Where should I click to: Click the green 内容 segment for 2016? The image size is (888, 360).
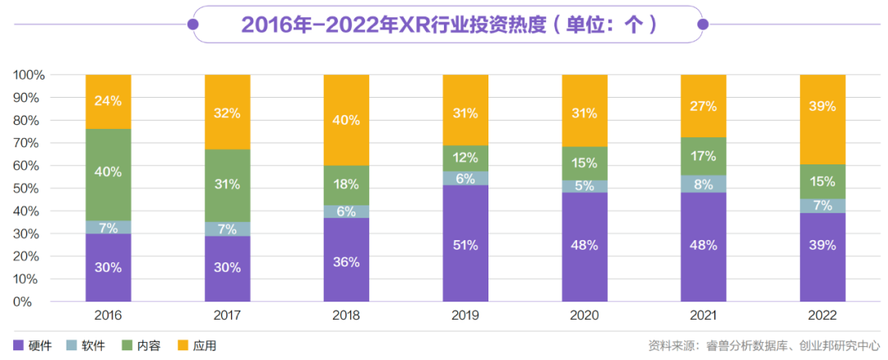click(108, 174)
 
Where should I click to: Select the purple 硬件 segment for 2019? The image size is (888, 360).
click(465, 243)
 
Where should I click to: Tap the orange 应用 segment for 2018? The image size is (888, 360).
click(346, 120)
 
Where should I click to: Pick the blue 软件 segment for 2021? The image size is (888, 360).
click(704, 184)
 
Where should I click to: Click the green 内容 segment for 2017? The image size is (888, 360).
click(227, 185)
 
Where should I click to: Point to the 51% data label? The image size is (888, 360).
click(465, 245)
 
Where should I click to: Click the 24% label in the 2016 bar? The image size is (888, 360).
click(108, 101)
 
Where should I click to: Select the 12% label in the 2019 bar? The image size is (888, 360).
click(465, 157)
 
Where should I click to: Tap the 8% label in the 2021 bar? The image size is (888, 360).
click(704, 184)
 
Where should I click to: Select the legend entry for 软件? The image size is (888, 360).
click(86, 346)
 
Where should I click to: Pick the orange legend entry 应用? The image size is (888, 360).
click(197, 346)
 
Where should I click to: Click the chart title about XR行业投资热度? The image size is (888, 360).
click(448, 25)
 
